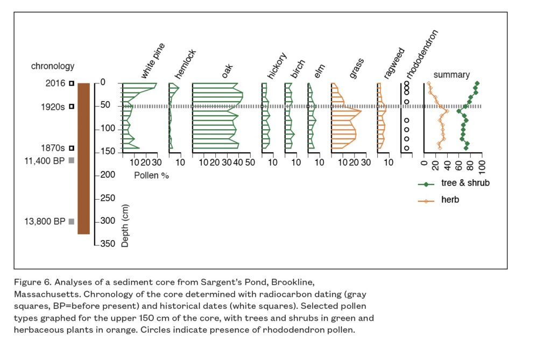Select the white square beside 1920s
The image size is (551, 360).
[x=70, y=107]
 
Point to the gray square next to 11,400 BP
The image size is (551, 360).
[x=70, y=160]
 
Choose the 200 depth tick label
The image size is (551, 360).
[x=107, y=175]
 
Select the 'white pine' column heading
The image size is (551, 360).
[x=153, y=61]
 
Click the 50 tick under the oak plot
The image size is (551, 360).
[x=250, y=163]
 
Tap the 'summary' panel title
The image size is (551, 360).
[x=451, y=75]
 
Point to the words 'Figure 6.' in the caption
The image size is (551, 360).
[x=31, y=282]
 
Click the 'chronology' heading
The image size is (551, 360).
[x=52, y=66]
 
